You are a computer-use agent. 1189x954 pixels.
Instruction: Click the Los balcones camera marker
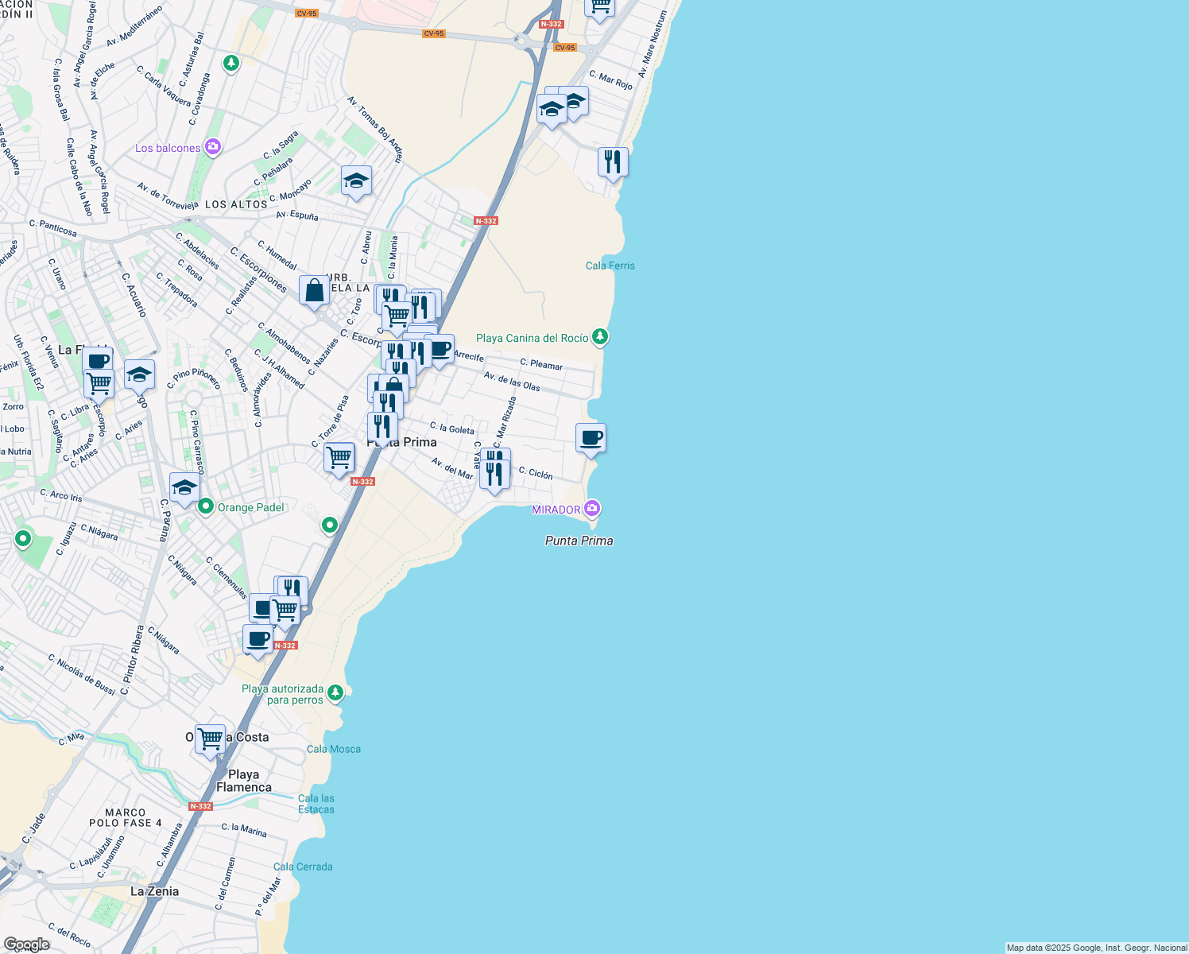click(212, 147)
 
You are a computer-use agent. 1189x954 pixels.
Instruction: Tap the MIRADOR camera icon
click(592, 508)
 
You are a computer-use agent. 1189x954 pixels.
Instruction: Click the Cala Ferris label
click(610, 266)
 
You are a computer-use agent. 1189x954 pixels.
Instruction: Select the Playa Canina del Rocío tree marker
click(600, 337)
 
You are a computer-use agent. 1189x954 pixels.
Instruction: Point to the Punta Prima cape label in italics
click(579, 541)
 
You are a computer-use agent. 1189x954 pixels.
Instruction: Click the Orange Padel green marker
click(206, 506)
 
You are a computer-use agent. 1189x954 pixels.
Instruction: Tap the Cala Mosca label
click(334, 749)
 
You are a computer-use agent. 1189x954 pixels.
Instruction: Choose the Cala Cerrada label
click(303, 867)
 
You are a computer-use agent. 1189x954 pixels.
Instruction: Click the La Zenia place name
click(154, 891)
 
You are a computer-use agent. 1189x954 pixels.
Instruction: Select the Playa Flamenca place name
click(244, 781)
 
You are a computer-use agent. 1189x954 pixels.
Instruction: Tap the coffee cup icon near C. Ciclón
click(591, 438)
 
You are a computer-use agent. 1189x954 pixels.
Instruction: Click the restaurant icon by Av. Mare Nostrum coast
click(613, 162)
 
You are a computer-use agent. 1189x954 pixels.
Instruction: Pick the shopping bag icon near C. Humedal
click(315, 291)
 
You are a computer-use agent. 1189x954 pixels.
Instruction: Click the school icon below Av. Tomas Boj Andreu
click(356, 181)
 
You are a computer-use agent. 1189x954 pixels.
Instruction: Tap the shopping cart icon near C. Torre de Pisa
click(339, 458)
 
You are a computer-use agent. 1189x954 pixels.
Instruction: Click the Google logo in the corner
click(26, 944)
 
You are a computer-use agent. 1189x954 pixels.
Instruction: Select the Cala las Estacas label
click(316, 804)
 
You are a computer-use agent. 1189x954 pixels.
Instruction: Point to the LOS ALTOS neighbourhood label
click(236, 204)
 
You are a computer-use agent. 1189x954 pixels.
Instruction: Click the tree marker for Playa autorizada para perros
click(335, 692)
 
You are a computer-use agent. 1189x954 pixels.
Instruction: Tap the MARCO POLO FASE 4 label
click(125, 817)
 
